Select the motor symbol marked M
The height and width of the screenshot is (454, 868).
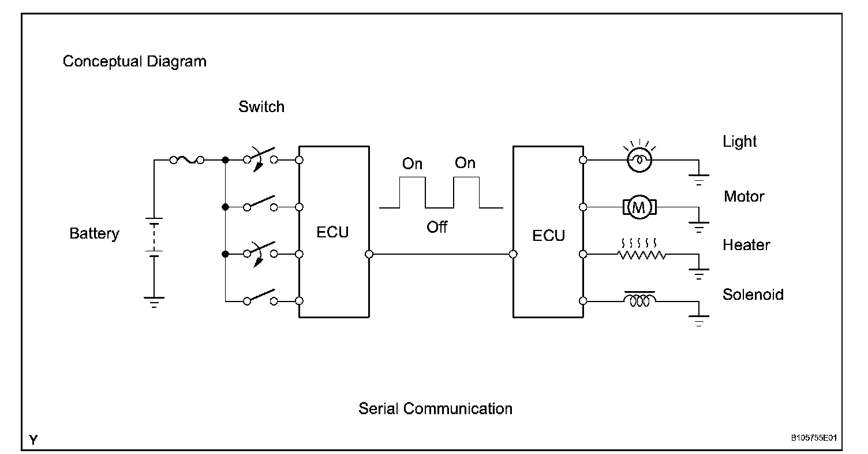[639, 207]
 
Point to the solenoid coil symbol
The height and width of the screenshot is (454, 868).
[639, 299]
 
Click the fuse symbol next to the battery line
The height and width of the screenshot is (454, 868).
[187, 160]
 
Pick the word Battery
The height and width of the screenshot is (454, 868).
[94, 234]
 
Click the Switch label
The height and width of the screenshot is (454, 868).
[261, 107]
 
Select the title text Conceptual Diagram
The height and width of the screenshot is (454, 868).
[134, 62]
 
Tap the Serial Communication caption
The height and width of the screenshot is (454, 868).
[435, 408]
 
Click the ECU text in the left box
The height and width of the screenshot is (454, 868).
[332, 232]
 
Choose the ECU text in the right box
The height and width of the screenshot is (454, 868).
[548, 235]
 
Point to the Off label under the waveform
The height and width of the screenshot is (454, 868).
[437, 227]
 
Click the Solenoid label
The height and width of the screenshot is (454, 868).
[753, 295]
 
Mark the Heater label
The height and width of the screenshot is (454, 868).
[746, 245]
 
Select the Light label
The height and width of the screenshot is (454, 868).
[739, 142]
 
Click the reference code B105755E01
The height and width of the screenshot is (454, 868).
[814, 438]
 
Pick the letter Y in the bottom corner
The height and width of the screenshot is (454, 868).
[33, 440]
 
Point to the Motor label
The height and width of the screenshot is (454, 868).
[744, 196]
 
